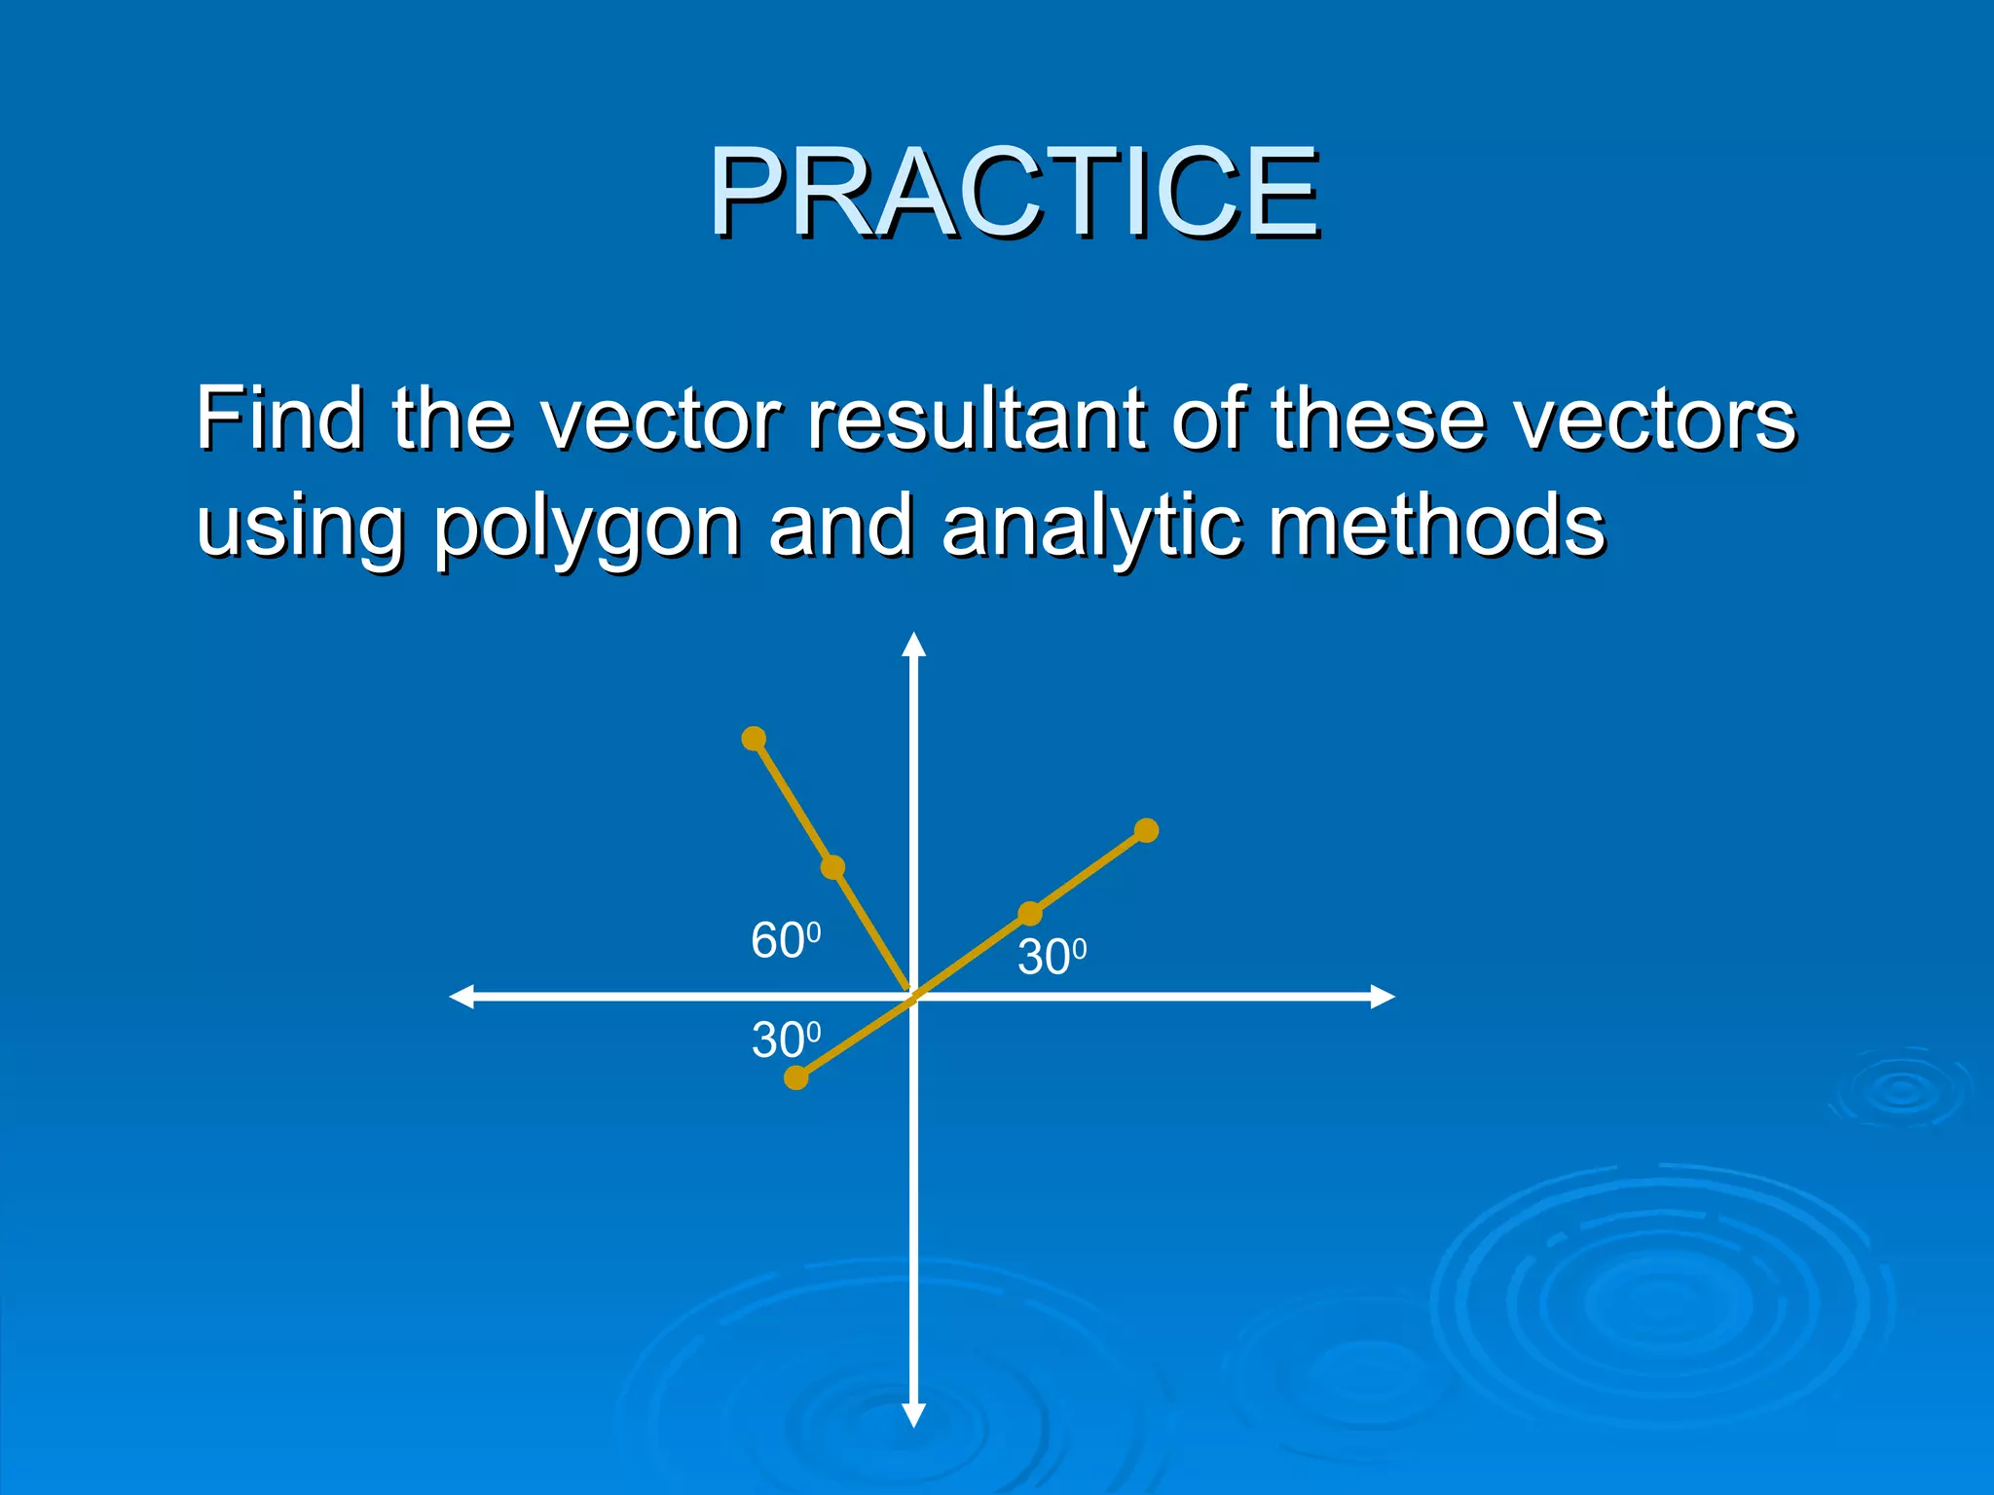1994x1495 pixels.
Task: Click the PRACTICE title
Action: pyautogui.click(x=1013, y=192)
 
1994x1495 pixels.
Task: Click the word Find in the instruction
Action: pyautogui.click(x=279, y=419)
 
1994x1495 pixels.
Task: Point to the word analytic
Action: pyautogui.click(x=1090, y=526)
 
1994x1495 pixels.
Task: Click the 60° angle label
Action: pyautogui.click(x=785, y=941)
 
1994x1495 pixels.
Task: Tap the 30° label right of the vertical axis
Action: pyautogui.click(x=1052, y=958)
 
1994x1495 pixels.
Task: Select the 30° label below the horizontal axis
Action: pyautogui.click(x=786, y=1040)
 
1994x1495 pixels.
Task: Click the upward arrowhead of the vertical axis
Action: pyautogui.click(x=913, y=645)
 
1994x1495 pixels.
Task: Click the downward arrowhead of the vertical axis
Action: pyautogui.click(x=913, y=1415)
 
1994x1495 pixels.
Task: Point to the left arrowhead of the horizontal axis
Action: pyautogui.click(x=462, y=997)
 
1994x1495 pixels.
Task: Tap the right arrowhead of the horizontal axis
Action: pyautogui.click(x=1382, y=997)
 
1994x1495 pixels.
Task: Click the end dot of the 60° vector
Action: pyautogui.click(x=754, y=739)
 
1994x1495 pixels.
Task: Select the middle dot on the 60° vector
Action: pyautogui.click(x=832, y=867)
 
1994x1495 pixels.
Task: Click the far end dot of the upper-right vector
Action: pyautogui.click(x=1147, y=830)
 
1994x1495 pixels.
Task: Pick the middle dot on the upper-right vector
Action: pyautogui.click(x=1030, y=913)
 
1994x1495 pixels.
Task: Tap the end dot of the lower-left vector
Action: pyautogui.click(x=796, y=1077)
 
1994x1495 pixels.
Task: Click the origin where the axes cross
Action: pyautogui.click(x=913, y=997)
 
